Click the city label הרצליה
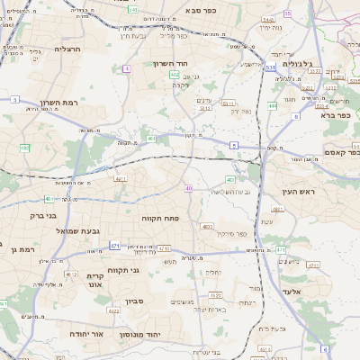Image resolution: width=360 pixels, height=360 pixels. click(67, 49)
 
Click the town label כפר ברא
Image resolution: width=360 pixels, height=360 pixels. click(335, 114)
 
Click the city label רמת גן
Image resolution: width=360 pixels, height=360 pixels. click(17, 248)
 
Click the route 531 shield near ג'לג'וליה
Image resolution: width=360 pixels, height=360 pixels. click(271, 67)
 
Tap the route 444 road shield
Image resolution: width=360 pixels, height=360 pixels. click(272, 105)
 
